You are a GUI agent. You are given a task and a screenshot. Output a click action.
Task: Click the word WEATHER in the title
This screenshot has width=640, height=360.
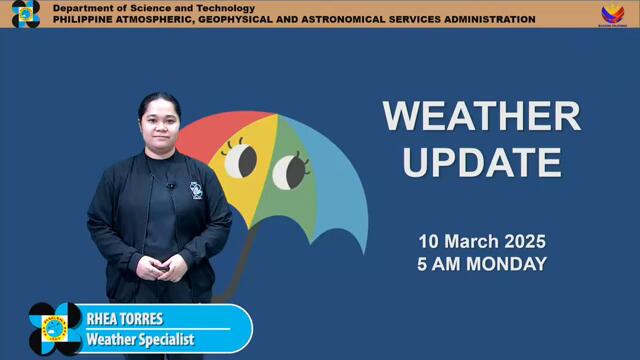pyautogui.click(x=481, y=117)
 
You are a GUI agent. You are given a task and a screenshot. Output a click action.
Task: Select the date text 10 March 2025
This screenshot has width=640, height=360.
pyautogui.click(x=482, y=242)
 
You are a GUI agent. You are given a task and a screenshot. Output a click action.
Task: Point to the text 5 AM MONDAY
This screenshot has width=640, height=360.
pyautogui.click(x=482, y=264)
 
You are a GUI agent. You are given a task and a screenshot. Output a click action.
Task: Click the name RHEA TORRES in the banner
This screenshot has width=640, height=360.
pyautogui.click(x=125, y=320)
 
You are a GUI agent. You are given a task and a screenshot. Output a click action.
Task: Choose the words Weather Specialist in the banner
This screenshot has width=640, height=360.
pyautogui.click(x=140, y=340)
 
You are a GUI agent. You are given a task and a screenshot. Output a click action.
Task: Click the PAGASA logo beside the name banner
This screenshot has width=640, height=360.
pyautogui.click(x=55, y=329)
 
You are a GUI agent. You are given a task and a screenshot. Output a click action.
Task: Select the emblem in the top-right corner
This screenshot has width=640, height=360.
pyautogui.click(x=613, y=14)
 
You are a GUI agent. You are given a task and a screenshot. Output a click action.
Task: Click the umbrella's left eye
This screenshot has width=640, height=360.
pyautogui.click(x=241, y=158)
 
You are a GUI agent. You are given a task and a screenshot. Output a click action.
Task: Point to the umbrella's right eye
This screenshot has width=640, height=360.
pyautogui.click(x=289, y=170)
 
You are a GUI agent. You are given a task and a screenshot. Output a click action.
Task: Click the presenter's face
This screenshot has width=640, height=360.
pyautogui.click(x=160, y=122)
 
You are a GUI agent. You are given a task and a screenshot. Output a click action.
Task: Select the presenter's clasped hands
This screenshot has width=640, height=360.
pyautogui.click(x=160, y=267)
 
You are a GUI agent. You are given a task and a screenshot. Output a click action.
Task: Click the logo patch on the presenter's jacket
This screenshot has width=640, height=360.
pyautogui.click(x=196, y=190)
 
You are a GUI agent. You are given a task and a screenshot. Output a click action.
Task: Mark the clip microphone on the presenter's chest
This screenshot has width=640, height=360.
pyautogui.click(x=171, y=185)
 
